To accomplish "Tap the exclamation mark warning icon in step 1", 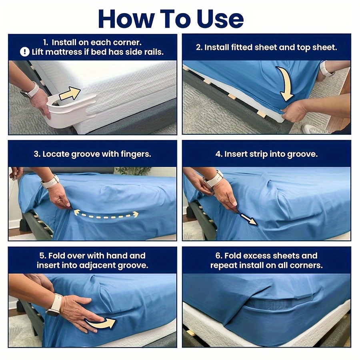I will [25, 52].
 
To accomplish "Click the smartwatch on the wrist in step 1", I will [30, 90].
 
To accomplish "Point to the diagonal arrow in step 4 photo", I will [248, 219].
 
